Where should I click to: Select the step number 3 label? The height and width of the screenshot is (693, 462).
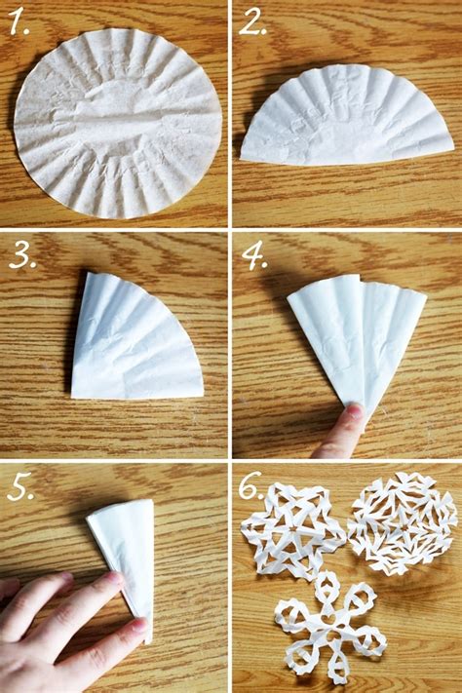click(21, 255)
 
